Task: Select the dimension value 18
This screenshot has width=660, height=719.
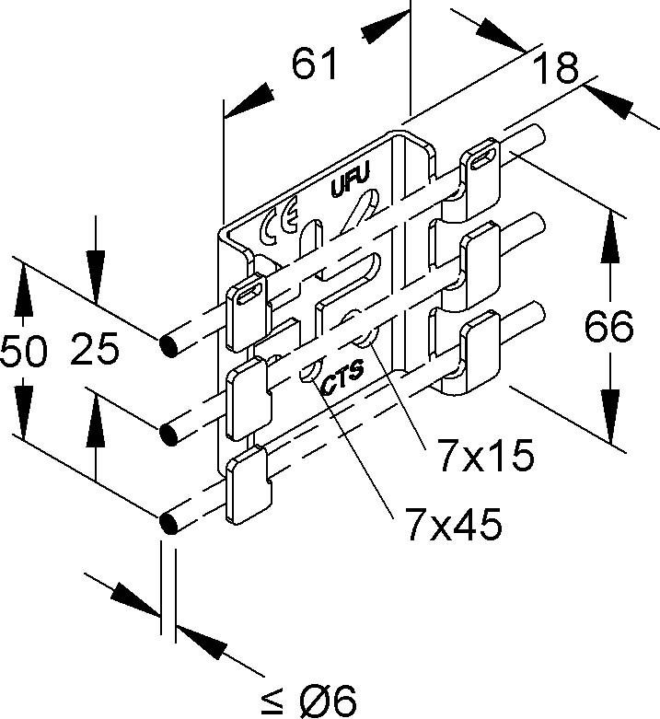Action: point(554,68)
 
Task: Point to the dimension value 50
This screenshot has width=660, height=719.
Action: point(24,352)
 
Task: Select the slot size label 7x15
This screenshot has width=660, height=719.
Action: point(486,456)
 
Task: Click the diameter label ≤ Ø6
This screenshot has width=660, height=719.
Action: point(308,701)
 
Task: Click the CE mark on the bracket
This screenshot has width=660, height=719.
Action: point(278,224)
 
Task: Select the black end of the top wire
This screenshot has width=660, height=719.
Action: point(169,346)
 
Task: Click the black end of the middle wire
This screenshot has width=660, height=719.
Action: point(169,432)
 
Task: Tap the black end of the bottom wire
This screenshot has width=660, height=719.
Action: point(169,522)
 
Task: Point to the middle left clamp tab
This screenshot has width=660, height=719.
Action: point(247,393)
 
